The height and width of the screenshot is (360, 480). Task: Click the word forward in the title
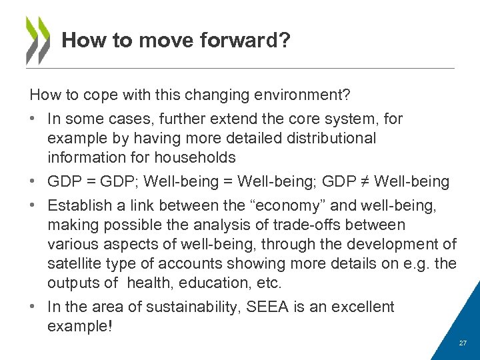point(235,41)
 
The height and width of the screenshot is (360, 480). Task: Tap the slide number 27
point(463,343)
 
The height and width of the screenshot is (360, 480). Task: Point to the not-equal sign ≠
point(361,181)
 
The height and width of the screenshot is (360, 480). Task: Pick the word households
point(195,157)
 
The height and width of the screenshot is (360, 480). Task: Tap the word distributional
point(326,139)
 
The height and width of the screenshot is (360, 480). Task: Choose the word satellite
point(75,264)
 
